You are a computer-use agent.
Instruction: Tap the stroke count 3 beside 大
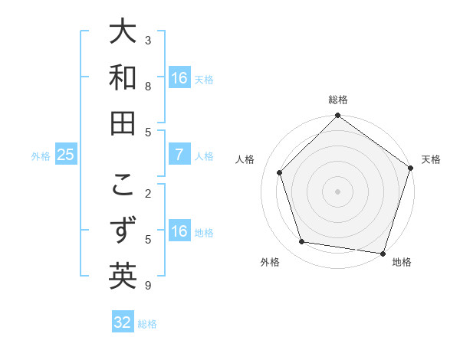tap(148, 40)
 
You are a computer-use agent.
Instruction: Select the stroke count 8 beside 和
tap(148, 86)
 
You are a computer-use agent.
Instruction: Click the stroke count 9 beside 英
tap(148, 286)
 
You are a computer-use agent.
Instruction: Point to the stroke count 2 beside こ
tap(148, 194)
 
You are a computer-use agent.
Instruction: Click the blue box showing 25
tap(66, 155)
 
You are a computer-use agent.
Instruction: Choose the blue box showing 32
tap(123, 322)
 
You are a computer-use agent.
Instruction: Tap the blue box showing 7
tap(179, 155)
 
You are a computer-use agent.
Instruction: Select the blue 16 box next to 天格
tap(179, 78)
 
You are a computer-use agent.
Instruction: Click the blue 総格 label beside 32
tap(147, 324)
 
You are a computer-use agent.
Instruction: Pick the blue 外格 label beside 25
tap(41, 156)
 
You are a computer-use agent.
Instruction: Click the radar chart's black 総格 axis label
tap(337, 100)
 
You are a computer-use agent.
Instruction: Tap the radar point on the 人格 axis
tap(280, 172)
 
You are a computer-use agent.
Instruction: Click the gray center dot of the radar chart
tap(337, 191)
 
